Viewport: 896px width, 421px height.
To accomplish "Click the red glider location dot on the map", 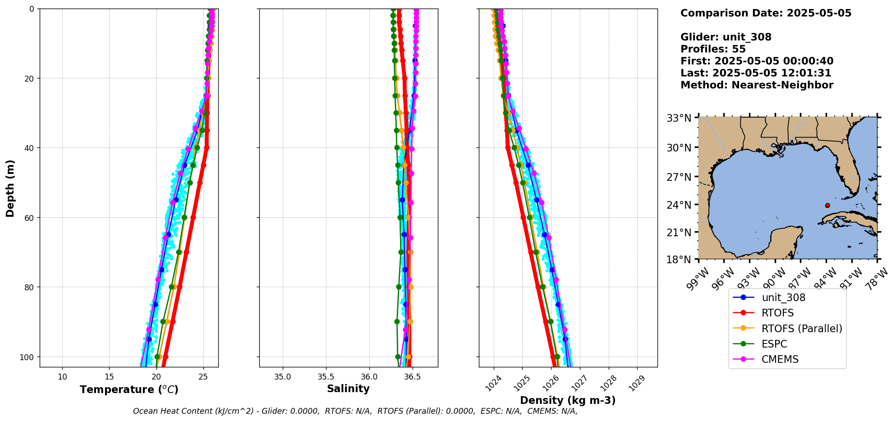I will point(827,206).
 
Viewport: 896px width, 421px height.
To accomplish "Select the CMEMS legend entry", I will point(780,359).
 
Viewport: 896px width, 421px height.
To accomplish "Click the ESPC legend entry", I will point(774,344).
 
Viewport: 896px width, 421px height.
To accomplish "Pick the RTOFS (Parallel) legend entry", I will point(801,329).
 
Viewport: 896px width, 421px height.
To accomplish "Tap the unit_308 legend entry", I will point(783,297).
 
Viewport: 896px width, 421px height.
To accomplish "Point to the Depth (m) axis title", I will point(10,188).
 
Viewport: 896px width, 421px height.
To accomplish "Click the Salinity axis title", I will point(348,389).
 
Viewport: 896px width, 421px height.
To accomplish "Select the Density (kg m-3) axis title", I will point(568,400).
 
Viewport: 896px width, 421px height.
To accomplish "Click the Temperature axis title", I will point(129,389).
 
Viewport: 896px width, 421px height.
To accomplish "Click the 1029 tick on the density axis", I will point(637,383).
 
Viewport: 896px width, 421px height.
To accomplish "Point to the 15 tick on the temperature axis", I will point(109,377).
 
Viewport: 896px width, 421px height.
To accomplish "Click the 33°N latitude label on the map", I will point(679,119).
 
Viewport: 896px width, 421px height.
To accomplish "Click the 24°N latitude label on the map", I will point(679,205).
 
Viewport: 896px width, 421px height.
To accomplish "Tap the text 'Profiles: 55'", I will point(713,49).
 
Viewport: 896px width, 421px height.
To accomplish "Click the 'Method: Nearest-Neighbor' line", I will point(757,85).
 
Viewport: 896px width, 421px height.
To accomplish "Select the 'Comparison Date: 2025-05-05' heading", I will point(766,13).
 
